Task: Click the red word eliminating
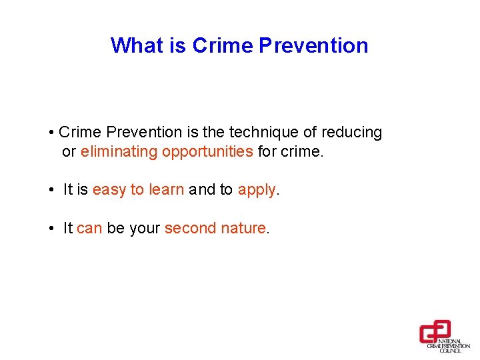pos(119,151)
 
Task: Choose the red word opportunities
pos(207,151)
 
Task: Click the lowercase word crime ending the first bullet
pos(301,151)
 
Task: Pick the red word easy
pos(109,189)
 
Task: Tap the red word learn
pos(166,189)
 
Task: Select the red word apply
pos(257,190)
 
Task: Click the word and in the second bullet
pos(202,189)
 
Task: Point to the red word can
pos(89,228)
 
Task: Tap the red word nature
pos(243,228)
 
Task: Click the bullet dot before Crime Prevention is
pos(51,133)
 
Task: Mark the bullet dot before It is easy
pos(51,190)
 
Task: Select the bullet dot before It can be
pos(51,229)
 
